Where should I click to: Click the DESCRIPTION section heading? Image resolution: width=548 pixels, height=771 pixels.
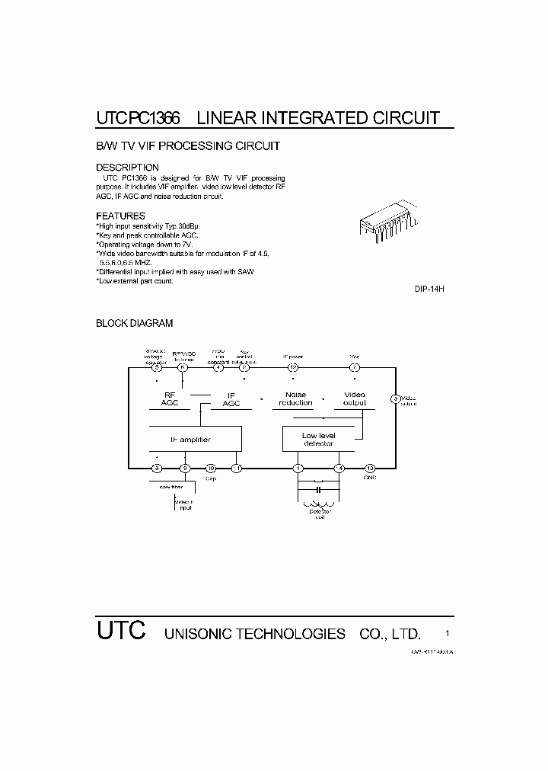coord(127,168)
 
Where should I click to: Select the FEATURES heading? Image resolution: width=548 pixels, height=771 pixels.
coord(120,216)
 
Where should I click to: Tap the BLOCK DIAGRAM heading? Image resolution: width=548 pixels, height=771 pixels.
coord(134,323)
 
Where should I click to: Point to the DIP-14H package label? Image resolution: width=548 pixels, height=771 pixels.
coord(429,290)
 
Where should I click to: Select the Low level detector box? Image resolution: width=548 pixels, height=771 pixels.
coord(318,440)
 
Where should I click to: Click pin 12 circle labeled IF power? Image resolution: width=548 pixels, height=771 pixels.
coord(293,368)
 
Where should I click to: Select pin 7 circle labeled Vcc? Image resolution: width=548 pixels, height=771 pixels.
coord(354,368)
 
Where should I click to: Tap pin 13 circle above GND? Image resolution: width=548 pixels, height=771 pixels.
coord(370,468)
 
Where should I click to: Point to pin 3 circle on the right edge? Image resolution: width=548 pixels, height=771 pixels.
coord(395,398)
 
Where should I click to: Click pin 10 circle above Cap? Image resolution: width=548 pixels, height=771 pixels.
coord(212,468)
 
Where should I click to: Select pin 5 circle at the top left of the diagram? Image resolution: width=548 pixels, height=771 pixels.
coord(156,368)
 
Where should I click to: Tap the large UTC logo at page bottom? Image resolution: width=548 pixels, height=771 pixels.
coord(120,632)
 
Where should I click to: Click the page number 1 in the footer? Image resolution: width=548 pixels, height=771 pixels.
coord(448,633)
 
